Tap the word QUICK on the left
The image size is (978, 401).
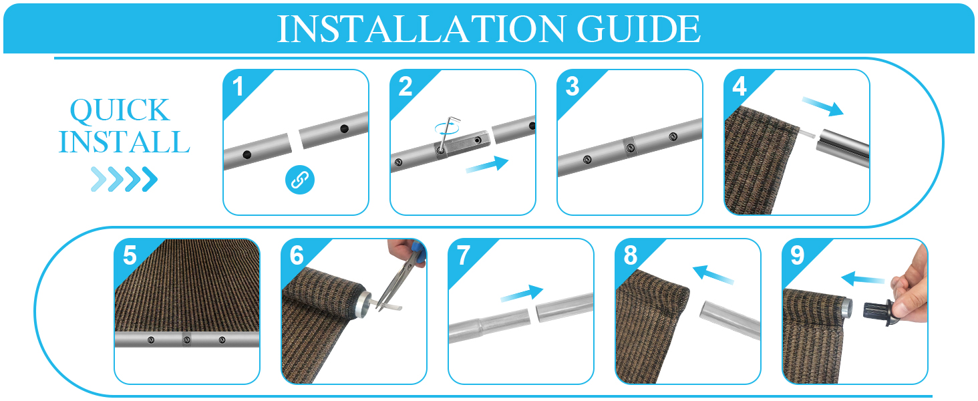pos(120,111)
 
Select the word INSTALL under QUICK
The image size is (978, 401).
pos(124,142)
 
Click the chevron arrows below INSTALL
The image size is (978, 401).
pos(124,178)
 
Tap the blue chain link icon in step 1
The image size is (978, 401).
pos(299,179)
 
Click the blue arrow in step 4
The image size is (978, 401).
pos(824,106)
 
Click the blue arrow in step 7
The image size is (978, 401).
pos(521,293)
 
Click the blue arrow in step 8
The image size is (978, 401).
pos(713,275)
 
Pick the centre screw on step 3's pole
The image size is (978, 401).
pos(629,148)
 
